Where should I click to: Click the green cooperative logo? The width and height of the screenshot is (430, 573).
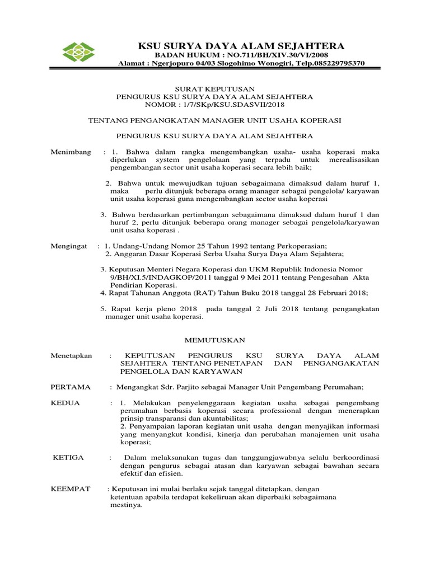point(79,51)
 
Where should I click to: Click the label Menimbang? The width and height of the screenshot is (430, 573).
point(71,152)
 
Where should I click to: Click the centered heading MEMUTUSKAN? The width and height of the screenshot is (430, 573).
point(215,340)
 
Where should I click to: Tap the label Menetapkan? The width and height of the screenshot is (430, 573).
point(71,355)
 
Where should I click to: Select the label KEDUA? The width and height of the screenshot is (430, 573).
point(66,403)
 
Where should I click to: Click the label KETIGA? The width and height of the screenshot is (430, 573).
point(68,458)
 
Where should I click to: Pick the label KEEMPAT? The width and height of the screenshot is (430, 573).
point(71,489)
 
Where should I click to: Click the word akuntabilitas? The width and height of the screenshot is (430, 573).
point(224,419)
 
